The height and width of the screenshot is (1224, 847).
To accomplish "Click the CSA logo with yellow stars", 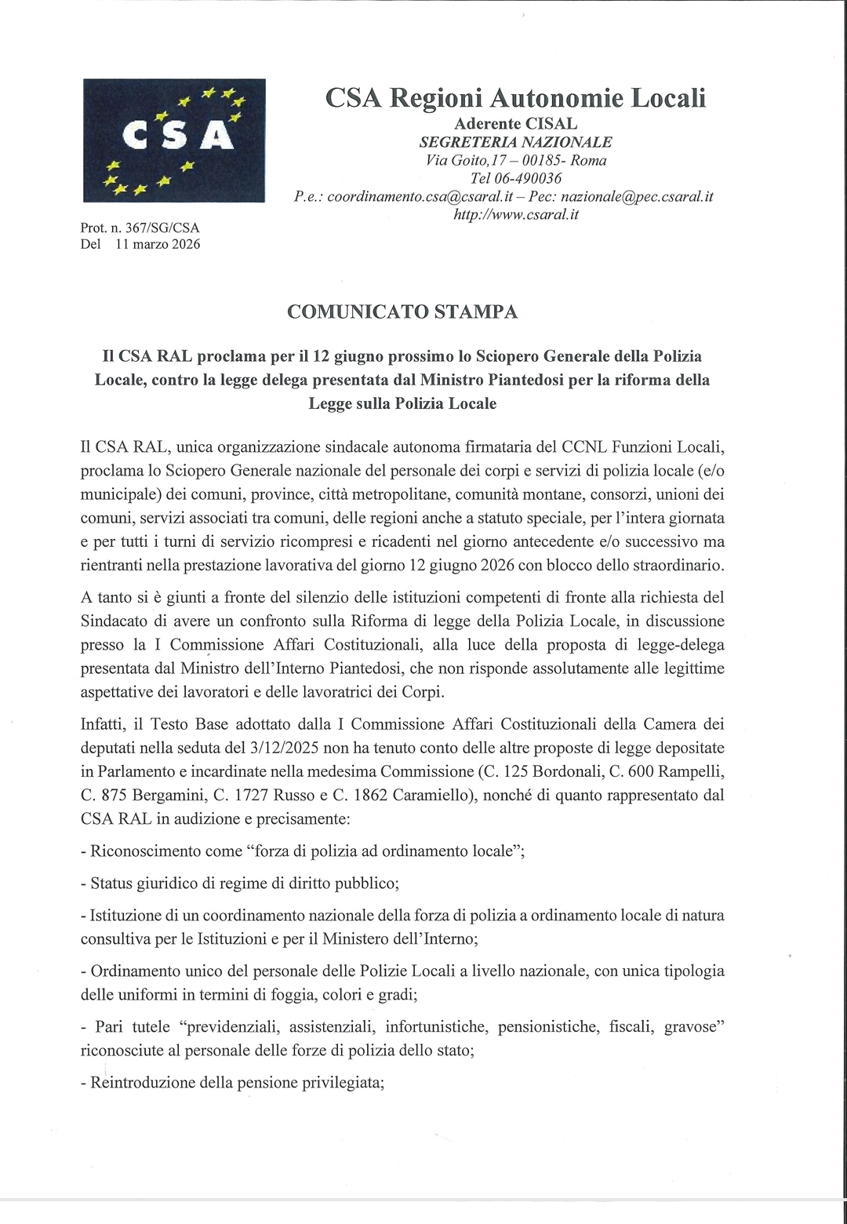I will [x=174, y=140].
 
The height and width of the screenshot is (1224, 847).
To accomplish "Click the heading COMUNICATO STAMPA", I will [x=402, y=311].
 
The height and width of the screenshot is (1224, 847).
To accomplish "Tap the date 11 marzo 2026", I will [x=158, y=244].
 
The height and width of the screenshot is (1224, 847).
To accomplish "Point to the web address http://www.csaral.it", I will [x=516, y=214].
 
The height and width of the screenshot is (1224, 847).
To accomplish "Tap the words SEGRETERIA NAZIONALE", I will [x=516, y=142].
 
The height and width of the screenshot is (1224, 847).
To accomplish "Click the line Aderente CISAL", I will [x=516, y=123].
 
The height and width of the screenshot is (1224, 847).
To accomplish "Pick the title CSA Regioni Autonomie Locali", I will [x=516, y=98].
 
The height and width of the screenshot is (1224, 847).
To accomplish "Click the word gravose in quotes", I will [x=693, y=1026].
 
